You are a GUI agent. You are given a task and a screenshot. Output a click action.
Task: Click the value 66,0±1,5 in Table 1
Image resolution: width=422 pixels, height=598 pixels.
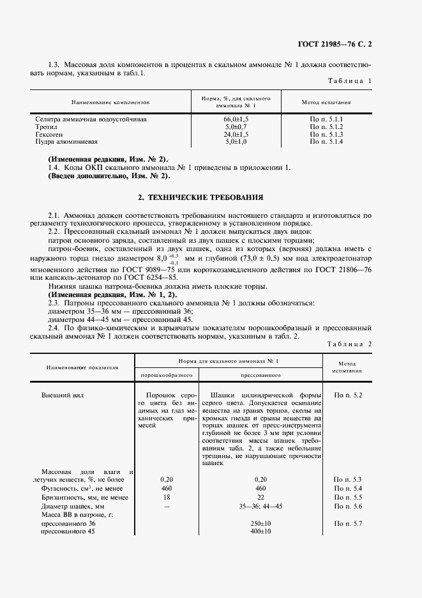[236, 119]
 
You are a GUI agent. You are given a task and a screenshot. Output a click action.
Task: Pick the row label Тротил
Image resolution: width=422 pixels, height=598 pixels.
[45, 127]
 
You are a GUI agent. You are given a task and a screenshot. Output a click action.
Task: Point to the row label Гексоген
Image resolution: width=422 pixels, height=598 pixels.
[49, 135]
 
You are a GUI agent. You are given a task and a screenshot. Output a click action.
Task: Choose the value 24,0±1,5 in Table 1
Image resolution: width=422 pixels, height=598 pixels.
[236, 135]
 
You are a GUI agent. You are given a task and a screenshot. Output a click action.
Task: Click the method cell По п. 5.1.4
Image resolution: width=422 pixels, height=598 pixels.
[327, 142]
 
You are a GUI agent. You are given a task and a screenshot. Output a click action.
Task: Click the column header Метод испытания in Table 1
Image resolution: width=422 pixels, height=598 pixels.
[326, 102]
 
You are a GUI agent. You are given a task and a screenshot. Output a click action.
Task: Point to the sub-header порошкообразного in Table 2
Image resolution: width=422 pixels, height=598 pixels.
[164, 376]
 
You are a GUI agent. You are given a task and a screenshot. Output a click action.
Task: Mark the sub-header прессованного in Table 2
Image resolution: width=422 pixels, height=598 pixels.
[260, 376]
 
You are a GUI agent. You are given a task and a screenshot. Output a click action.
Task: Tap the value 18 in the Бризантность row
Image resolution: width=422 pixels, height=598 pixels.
[167, 496]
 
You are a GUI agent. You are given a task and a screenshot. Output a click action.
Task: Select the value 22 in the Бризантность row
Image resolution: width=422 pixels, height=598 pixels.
[260, 496]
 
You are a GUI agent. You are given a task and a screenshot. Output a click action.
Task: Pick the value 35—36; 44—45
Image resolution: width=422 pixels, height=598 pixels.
[260, 505]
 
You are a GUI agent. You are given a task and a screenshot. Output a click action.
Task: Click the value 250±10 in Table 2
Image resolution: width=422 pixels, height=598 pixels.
[260, 523]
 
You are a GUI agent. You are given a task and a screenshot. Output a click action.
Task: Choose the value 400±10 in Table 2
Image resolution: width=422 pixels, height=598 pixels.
[260, 532]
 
